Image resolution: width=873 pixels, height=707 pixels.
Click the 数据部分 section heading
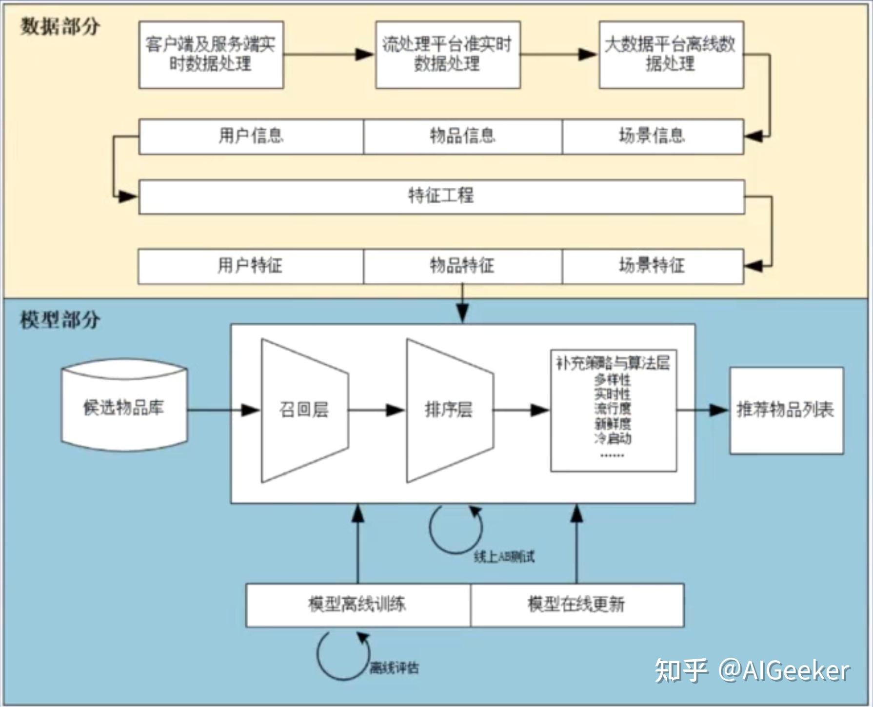pos(60,26)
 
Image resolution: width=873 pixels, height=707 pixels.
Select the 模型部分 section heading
pos(60,320)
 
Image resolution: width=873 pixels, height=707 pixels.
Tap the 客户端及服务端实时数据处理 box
pos(211,55)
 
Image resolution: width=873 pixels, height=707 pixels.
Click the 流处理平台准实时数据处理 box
pos(447,55)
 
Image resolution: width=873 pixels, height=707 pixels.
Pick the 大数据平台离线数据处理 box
pos(671,55)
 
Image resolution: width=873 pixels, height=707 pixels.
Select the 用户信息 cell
pos(251,136)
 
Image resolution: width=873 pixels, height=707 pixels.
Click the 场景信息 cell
pos(652,136)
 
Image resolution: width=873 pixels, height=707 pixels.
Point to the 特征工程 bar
pos(441,196)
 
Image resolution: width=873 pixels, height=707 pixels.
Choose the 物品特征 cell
pos(462,266)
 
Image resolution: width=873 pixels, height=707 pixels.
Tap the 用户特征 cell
pos(250,266)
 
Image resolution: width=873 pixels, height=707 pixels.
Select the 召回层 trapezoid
pos(304,410)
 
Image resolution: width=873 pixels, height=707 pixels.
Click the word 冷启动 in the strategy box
pos(613,438)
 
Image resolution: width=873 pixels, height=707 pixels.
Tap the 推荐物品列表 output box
pos(786,410)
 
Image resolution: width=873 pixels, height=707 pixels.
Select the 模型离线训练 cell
pos(357,605)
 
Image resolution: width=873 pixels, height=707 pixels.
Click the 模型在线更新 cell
pos(576,605)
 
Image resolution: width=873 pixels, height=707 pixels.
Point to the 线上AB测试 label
pos(504,557)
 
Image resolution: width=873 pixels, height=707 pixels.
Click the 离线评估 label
pos(394,668)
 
